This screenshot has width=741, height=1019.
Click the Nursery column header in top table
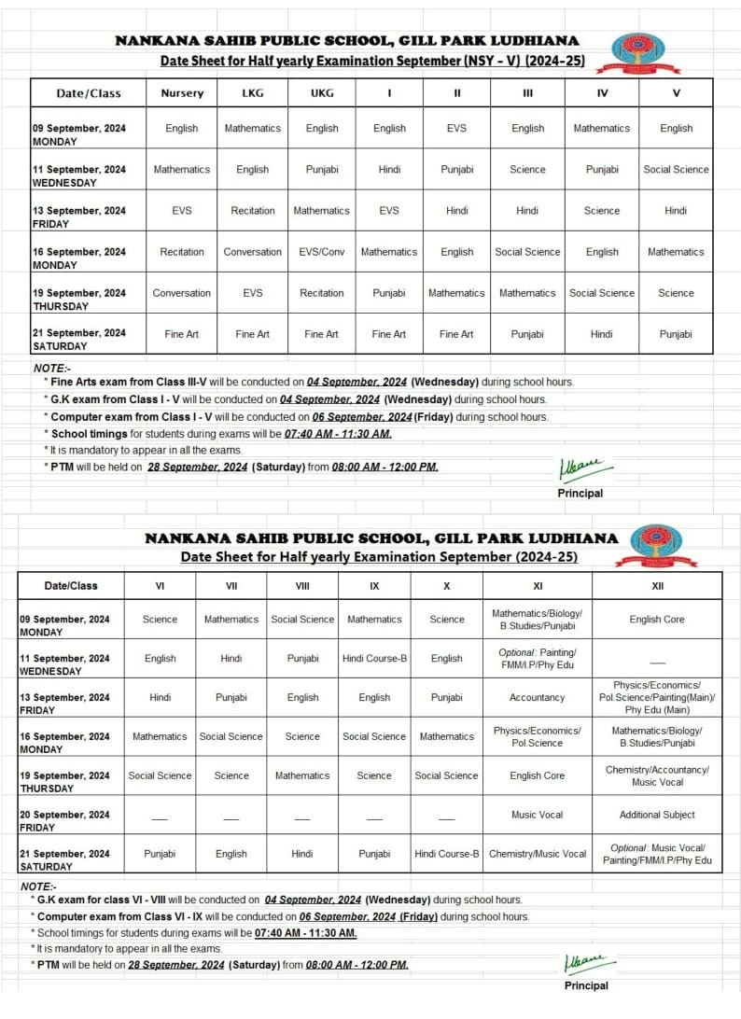point(181,93)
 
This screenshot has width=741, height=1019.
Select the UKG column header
point(322,93)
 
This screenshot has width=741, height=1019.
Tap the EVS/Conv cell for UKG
point(322,252)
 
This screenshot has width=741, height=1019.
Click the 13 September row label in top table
point(79,216)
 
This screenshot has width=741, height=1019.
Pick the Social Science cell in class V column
point(676,170)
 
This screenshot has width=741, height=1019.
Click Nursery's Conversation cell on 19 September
point(181,293)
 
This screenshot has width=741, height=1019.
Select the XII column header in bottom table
point(657,586)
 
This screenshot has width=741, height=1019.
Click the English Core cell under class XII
point(657,620)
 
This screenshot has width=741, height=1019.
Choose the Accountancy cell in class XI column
point(537,697)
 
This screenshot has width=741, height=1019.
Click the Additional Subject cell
point(657,815)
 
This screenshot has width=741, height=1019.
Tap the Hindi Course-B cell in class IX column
point(374,659)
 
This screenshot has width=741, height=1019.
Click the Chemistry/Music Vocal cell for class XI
point(537,854)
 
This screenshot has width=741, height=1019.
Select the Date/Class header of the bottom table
point(71,586)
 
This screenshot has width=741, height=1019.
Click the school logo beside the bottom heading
point(664,545)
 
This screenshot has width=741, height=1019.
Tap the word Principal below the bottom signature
point(586,985)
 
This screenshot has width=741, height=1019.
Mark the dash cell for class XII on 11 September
point(657,659)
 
